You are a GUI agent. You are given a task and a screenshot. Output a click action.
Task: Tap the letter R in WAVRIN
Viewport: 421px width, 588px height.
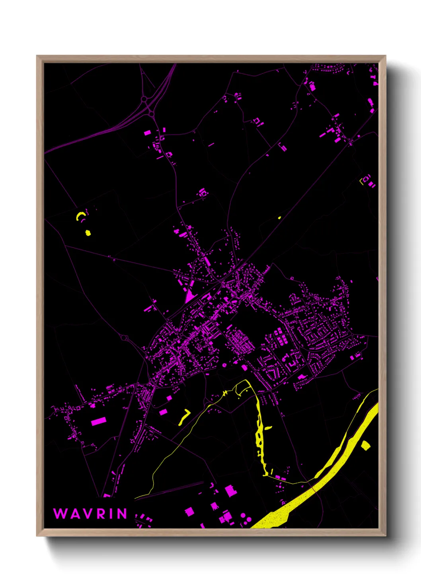tap(101, 514)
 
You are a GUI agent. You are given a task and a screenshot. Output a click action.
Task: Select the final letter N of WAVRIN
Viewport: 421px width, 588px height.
tap(122, 514)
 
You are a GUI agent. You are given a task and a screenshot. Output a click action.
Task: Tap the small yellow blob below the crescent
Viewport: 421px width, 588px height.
tap(88, 233)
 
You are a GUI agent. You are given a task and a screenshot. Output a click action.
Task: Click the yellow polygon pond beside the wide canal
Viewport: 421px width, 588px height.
tap(365, 445)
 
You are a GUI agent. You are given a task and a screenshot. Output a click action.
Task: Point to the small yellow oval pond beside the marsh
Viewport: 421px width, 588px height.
tap(268, 428)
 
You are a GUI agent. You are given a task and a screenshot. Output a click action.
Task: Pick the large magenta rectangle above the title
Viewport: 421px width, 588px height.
tap(99, 421)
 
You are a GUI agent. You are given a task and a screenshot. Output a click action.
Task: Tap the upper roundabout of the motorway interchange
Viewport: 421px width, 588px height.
tap(144, 99)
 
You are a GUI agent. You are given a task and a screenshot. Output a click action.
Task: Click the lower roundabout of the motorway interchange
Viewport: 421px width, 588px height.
tap(151, 114)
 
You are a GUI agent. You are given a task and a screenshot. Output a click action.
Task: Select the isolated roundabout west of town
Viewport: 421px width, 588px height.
tap(124, 338)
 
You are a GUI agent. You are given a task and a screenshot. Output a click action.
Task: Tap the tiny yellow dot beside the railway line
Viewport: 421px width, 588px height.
tap(279, 218)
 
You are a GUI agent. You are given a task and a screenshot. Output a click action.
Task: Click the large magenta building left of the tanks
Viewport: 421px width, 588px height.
tap(226, 517)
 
